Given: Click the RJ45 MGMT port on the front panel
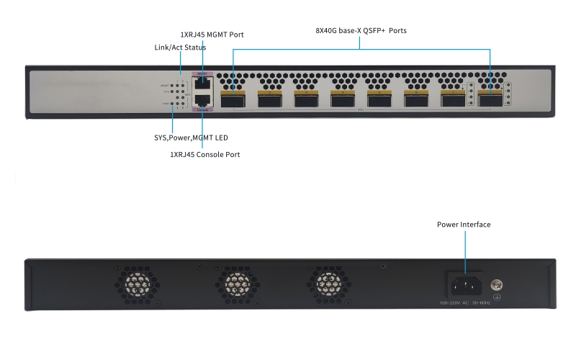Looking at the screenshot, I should pyautogui.click(x=203, y=83).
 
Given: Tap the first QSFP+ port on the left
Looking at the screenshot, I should pyautogui.click(x=233, y=97).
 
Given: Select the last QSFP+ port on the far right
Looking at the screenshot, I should pyautogui.click(x=490, y=97).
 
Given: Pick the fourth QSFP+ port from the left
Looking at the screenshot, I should pyautogui.click(x=342, y=97).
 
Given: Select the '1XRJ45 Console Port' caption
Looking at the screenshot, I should pyautogui.click(x=205, y=154).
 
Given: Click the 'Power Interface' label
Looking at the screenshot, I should pyautogui.click(x=464, y=225).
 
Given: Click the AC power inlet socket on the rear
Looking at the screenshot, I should pyautogui.click(x=464, y=284).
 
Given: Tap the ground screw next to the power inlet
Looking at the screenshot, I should pyautogui.click(x=496, y=285).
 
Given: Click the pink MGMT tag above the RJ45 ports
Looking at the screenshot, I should pyautogui.click(x=203, y=73).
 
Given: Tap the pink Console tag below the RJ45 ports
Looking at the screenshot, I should pyautogui.click(x=203, y=110).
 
